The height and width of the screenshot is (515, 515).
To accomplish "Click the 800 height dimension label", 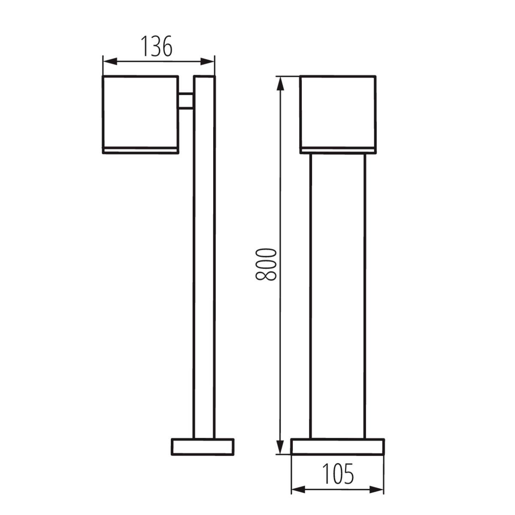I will [x=265, y=264].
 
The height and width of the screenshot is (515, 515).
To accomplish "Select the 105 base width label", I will [x=338, y=473].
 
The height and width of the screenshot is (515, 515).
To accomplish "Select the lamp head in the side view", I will [x=140, y=112].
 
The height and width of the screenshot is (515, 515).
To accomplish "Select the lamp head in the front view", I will [x=338, y=112].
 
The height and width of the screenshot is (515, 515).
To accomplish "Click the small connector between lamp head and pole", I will [x=186, y=101].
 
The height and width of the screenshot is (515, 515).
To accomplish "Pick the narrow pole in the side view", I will [x=204, y=279].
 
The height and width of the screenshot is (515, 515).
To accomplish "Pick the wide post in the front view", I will [x=338, y=296].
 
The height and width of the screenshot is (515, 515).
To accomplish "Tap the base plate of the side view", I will [x=203, y=446].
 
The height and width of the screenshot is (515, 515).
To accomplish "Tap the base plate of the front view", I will [x=338, y=446].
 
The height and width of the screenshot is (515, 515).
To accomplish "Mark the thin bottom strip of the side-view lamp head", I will [x=140, y=150].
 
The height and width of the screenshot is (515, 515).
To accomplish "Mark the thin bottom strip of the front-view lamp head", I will [x=338, y=150].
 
